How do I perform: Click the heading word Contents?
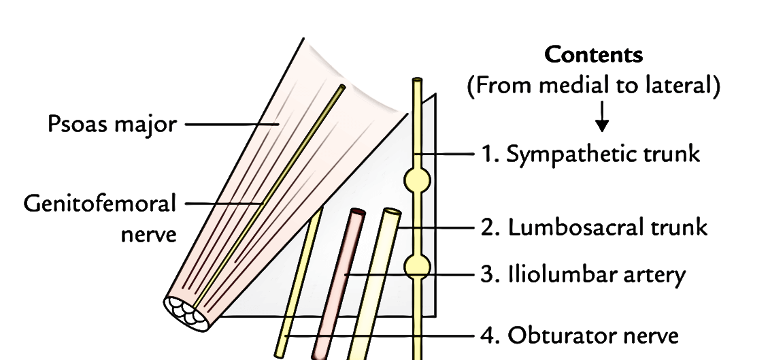[x=595, y=56]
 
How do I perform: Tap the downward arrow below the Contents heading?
[x=601, y=123]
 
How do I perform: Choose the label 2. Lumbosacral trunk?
[x=594, y=227]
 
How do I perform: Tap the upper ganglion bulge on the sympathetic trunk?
[x=417, y=181]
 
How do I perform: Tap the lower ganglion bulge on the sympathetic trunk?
[x=417, y=266]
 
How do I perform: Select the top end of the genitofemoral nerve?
[x=340, y=88]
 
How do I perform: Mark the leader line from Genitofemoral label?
[x=224, y=202]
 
